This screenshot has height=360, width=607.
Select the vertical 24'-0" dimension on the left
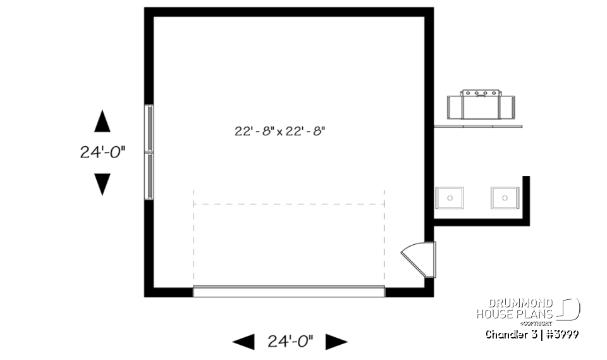(102, 152)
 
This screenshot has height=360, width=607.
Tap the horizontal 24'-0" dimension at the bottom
(290, 342)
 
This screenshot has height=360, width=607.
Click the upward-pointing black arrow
(102, 121)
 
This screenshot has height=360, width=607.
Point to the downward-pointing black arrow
(102, 184)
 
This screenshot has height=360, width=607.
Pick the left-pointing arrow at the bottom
(243, 342)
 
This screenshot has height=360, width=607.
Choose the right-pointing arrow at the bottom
(336, 342)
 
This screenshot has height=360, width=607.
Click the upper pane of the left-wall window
(149, 128)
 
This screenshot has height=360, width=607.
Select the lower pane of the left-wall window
(149, 177)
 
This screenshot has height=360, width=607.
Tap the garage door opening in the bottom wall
(288, 291)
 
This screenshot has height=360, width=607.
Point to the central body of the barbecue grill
(481, 105)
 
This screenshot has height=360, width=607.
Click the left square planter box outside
(450, 198)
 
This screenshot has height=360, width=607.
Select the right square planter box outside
(505, 198)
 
